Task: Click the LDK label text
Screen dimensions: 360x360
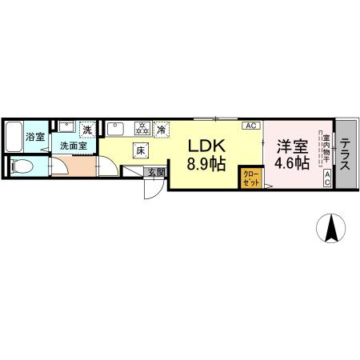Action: (206, 146)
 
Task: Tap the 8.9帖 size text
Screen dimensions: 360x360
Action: (206, 166)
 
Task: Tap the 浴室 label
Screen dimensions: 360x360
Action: (35, 136)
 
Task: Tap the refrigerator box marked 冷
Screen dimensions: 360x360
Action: (163, 129)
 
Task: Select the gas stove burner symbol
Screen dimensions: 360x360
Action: (143, 128)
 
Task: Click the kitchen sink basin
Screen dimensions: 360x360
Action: (115, 128)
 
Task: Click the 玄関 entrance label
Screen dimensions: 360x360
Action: (155, 172)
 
